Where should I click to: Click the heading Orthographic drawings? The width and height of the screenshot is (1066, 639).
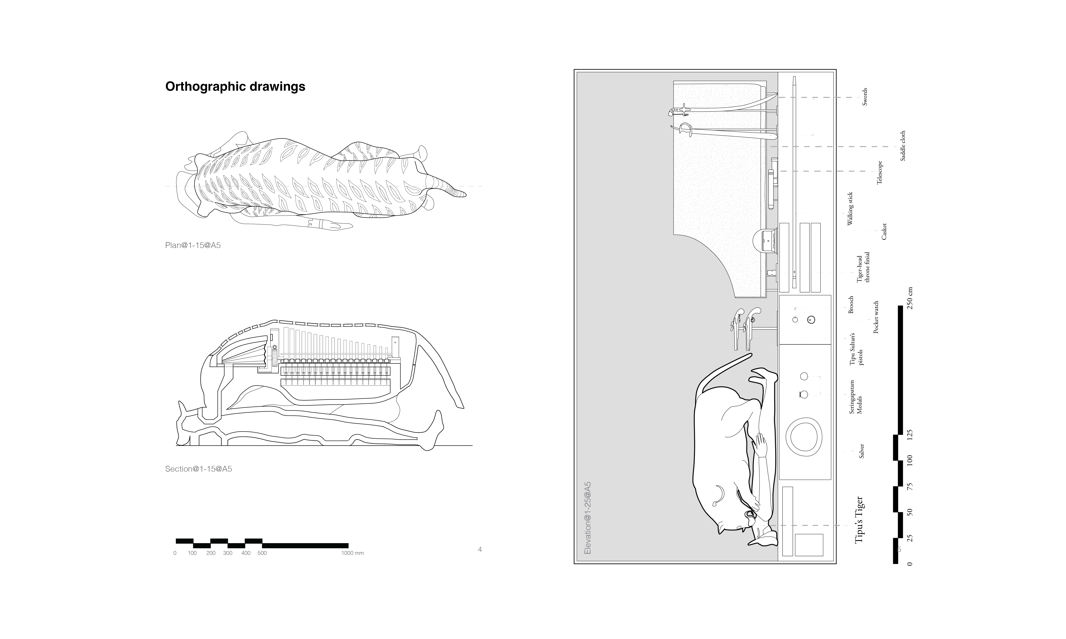click(235, 87)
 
